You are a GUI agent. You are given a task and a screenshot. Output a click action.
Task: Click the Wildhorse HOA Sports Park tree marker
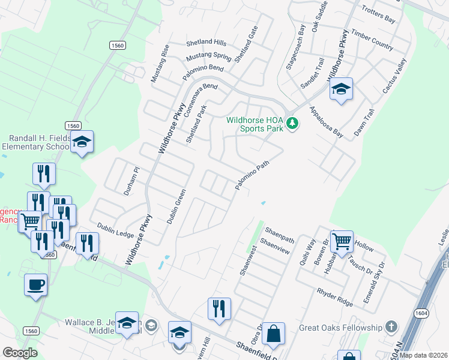click(x=292, y=124)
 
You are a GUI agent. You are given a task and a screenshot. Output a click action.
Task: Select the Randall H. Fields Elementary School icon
click(x=82, y=143)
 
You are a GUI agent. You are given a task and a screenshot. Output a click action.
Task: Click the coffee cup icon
click(x=35, y=284)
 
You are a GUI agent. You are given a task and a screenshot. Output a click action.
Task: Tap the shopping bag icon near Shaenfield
click(x=273, y=334)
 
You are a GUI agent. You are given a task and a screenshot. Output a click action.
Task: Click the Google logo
click(x=20, y=352)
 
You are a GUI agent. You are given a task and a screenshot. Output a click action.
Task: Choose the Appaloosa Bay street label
click(x=327, y=122)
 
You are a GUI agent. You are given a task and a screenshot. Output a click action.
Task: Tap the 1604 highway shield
click(x=421, y=313)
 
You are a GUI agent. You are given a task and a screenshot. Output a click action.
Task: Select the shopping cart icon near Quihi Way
click(x=342, y=241)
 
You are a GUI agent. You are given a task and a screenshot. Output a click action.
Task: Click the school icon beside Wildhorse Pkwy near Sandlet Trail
click(x=341, y=90)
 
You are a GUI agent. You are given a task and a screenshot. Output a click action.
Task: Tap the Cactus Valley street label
click(x=394, y=76)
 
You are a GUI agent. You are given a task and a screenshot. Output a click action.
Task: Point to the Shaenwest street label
click(x=249, y=259)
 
